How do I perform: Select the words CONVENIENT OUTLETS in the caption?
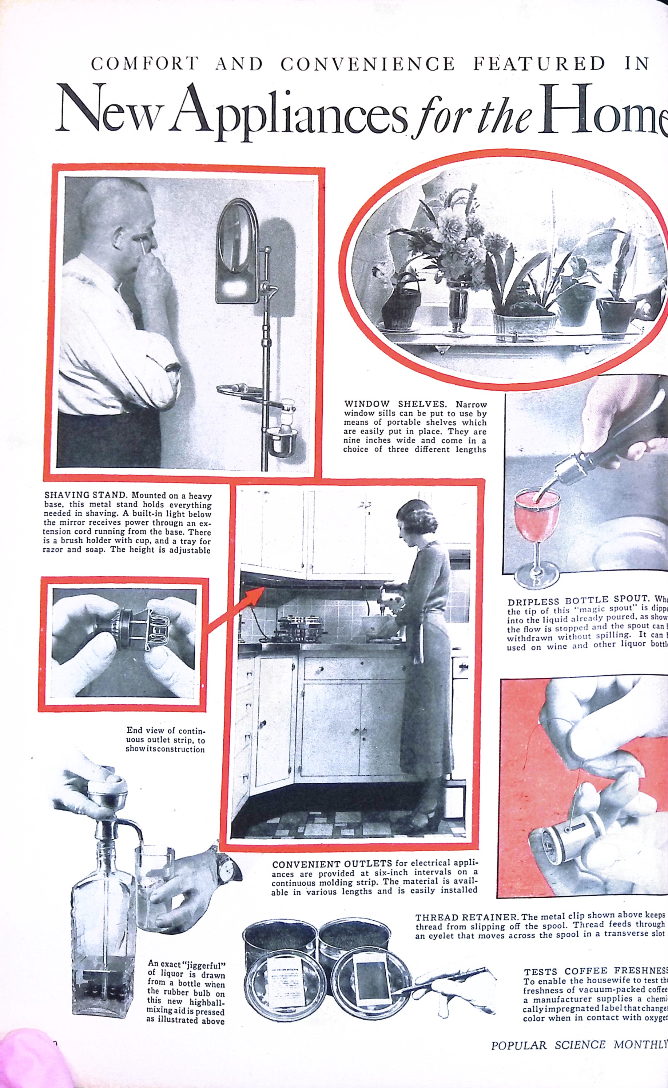point(332,863)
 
